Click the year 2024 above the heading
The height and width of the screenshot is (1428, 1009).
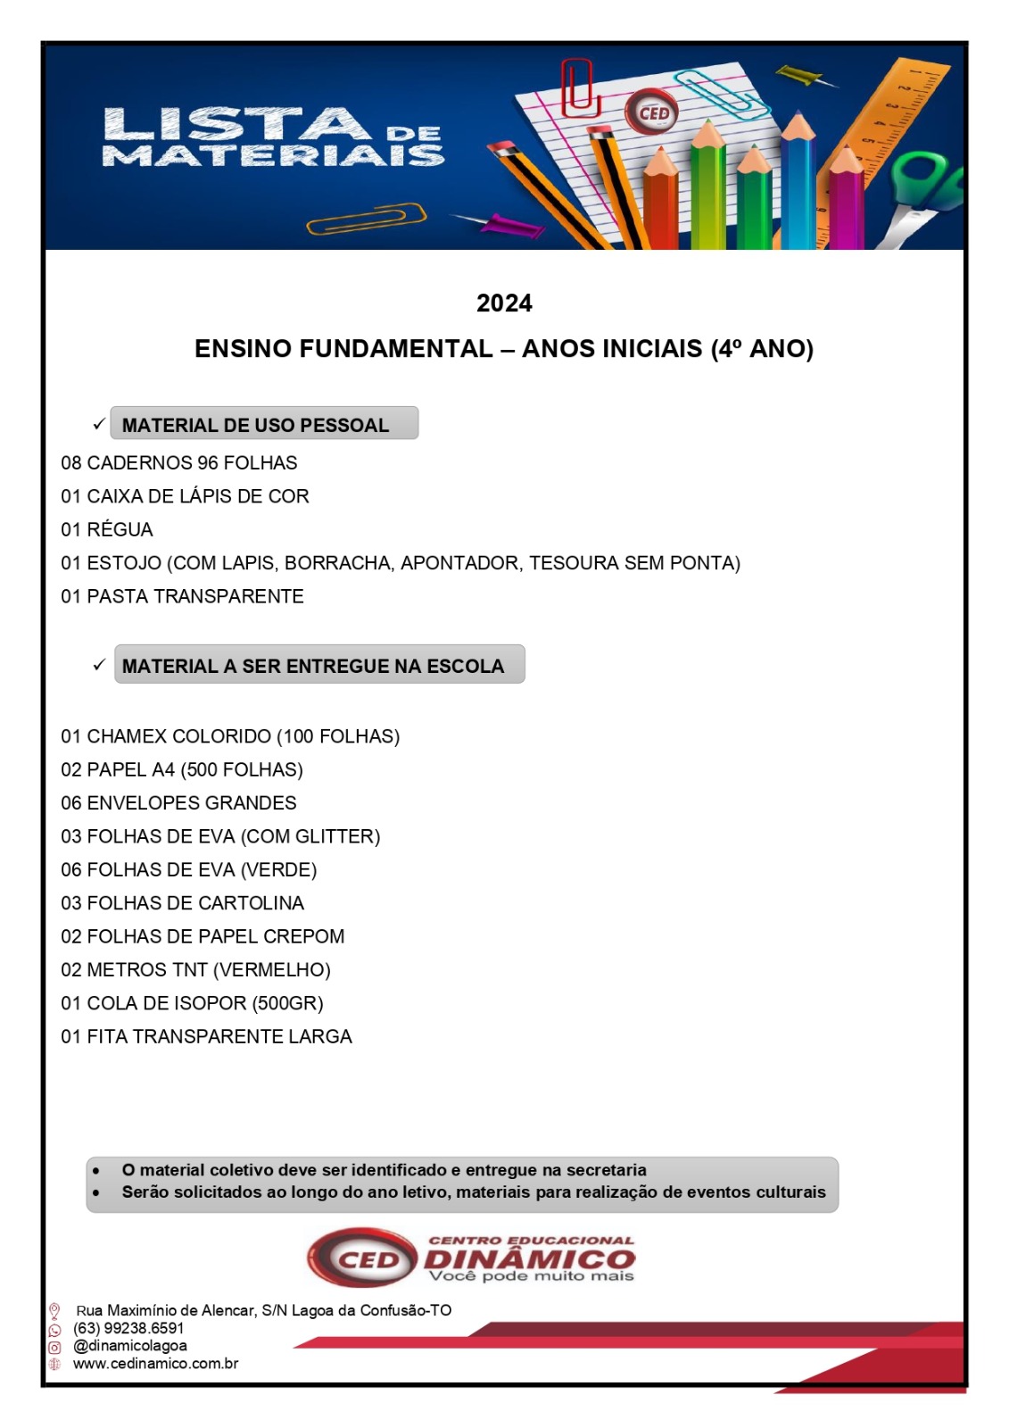(504, 303)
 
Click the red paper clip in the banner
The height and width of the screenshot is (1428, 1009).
(577, 87)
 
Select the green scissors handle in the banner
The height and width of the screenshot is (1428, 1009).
(928, 179)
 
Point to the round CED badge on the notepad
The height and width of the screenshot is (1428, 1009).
(653, 113)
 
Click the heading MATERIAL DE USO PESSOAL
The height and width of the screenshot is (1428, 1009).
(255, 425)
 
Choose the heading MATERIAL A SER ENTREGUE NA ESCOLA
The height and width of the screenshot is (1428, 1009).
(313, 666)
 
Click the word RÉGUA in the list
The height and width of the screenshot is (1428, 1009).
(120, 529)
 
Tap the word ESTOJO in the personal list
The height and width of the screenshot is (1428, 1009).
(124, 563)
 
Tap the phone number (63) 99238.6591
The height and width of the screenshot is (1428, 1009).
(128, 1328)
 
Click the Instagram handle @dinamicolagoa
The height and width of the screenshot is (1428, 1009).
(130, 1346)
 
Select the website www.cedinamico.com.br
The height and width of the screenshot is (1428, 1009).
(155, 1364)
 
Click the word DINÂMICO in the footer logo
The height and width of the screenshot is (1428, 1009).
(529, 1259)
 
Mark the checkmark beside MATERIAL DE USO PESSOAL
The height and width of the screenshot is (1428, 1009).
(99, 424)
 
